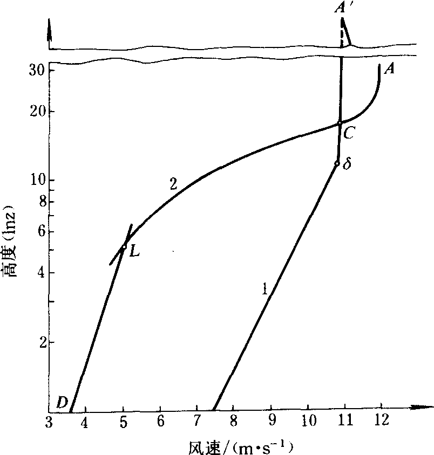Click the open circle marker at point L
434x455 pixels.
124,247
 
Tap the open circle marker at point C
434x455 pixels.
340,123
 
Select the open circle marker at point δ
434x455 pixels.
337,163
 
